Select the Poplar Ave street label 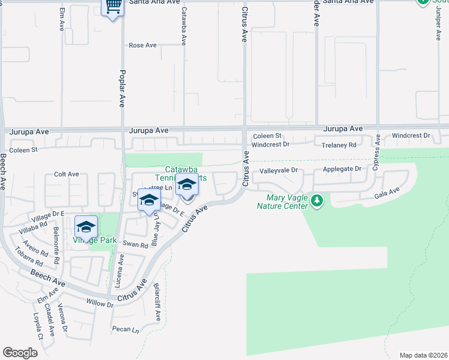pos(122,88)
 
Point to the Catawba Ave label pos(184,27)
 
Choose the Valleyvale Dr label pos(278,170)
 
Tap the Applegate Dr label pos(342,169)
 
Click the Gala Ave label pos(387,193)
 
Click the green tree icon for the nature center pos(318,201)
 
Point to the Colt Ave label pos(67,174)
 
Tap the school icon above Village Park pos(86,227)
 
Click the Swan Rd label pos(135,245)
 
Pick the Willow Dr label pos(100,304)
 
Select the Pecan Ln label pos(125,329)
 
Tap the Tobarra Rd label pos(30,258)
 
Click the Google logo pos(20,352)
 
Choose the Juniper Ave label pos(431,21)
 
